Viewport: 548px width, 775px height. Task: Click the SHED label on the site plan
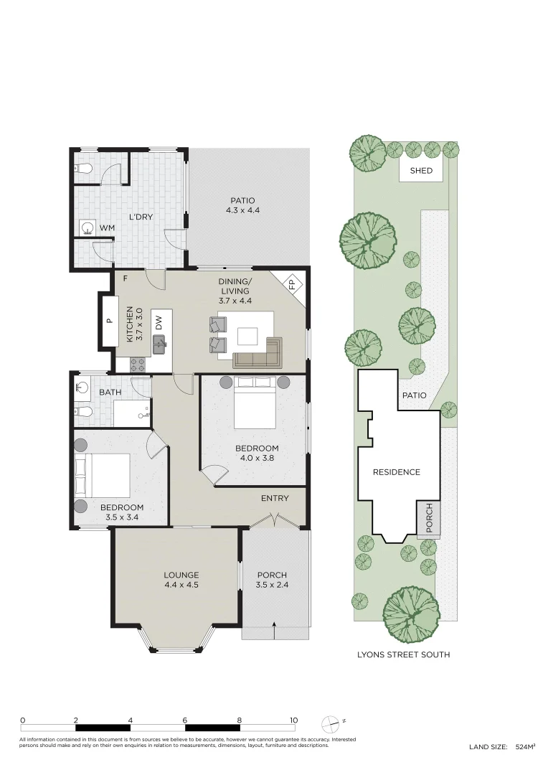point(421,171)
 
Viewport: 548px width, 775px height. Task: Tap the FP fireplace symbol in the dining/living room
point(291,284)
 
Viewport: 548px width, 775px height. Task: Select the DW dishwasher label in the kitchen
point(159,323)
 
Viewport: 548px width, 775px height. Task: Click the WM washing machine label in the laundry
point(107,228)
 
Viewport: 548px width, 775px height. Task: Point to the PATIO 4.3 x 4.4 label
point(242,205)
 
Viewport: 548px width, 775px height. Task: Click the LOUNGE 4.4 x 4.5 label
point(181,580)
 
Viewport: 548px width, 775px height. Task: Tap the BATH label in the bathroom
point(110,392)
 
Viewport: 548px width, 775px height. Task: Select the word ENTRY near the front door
point(275,498)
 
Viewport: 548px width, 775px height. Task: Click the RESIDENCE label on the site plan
point(397,472)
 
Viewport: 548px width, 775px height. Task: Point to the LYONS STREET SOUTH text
point(403,654)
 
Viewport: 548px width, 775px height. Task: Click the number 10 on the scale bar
point(293,720)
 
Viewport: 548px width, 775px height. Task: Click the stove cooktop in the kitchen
point(138,365)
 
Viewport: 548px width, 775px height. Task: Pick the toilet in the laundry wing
point(83,169)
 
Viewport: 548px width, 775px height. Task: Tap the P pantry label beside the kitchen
point(110,320)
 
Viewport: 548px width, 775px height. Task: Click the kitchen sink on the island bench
point(159,344)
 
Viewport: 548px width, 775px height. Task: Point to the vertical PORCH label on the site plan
point(429,518)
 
